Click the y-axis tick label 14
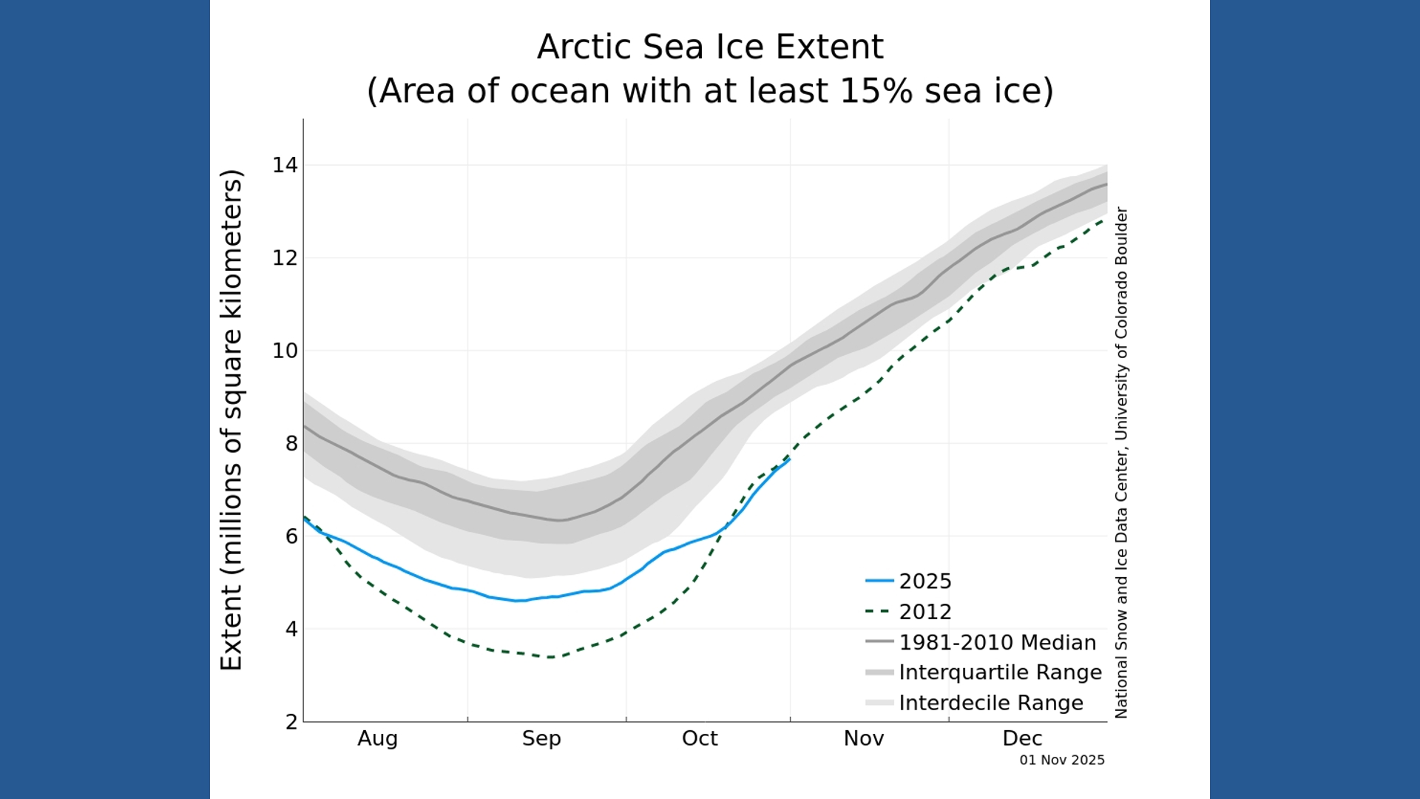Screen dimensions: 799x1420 coord(285,165)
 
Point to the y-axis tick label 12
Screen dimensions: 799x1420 coord(285,258)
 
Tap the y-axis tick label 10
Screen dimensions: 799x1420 coord(285,351)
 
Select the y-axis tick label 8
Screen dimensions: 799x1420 coord(291,444)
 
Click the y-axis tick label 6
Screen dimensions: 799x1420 coord(291,536)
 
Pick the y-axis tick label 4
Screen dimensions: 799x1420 coord(291,629)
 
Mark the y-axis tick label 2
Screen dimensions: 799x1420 coord(291,722)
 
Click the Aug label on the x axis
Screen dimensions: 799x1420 coord(377,738)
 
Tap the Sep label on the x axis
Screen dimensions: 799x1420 coord(541,738)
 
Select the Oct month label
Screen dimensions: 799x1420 coord(700,738)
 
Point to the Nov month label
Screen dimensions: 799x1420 coord(864,738)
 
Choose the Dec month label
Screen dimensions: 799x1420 coord(1022,738)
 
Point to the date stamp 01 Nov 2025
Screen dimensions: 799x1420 coord(1061,760)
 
